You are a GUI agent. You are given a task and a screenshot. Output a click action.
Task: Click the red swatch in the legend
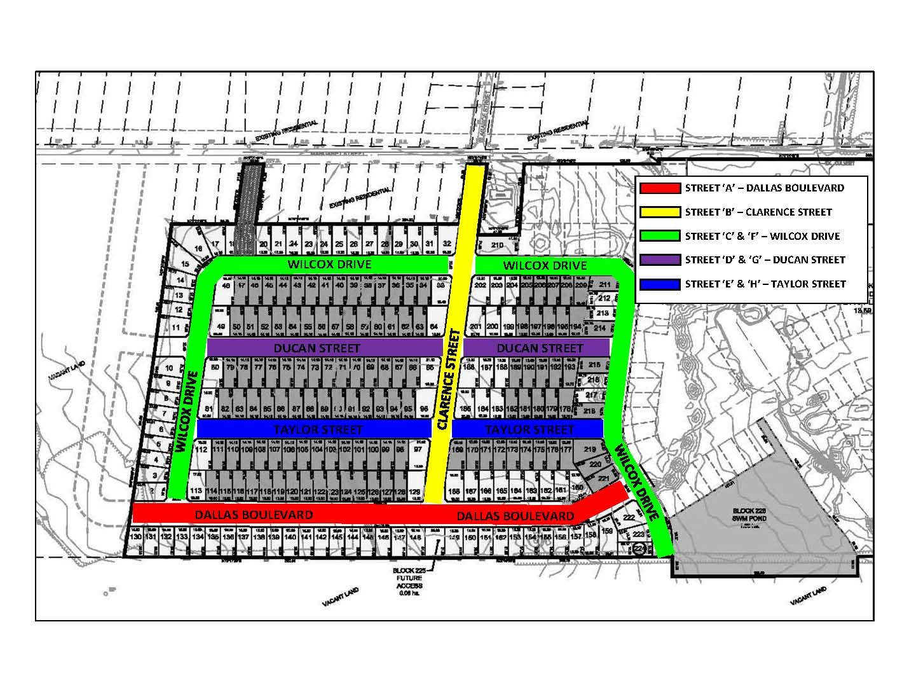click(660, 188)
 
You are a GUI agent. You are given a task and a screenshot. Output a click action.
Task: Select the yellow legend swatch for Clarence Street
click(660, 212)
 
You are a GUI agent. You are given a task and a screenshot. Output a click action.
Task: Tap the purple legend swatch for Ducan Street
click(660, 259)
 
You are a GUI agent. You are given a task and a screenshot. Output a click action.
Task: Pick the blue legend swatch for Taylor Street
click(660, 284)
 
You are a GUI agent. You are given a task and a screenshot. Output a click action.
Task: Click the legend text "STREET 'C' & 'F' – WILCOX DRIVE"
click(762, 236)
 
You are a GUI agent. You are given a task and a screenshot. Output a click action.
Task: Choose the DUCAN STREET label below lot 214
click(539, 349)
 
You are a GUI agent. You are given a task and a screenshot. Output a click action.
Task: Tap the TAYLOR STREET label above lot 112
click(318, 429)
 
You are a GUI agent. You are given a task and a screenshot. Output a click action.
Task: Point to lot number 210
click(498, 245)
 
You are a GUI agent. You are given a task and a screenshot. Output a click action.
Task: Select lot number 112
click(202, 450)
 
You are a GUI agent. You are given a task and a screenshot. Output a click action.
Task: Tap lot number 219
click(589, 450)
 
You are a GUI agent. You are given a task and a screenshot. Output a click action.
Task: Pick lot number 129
click(414, 492)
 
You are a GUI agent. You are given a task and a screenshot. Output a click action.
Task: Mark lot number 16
click(199, 249)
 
